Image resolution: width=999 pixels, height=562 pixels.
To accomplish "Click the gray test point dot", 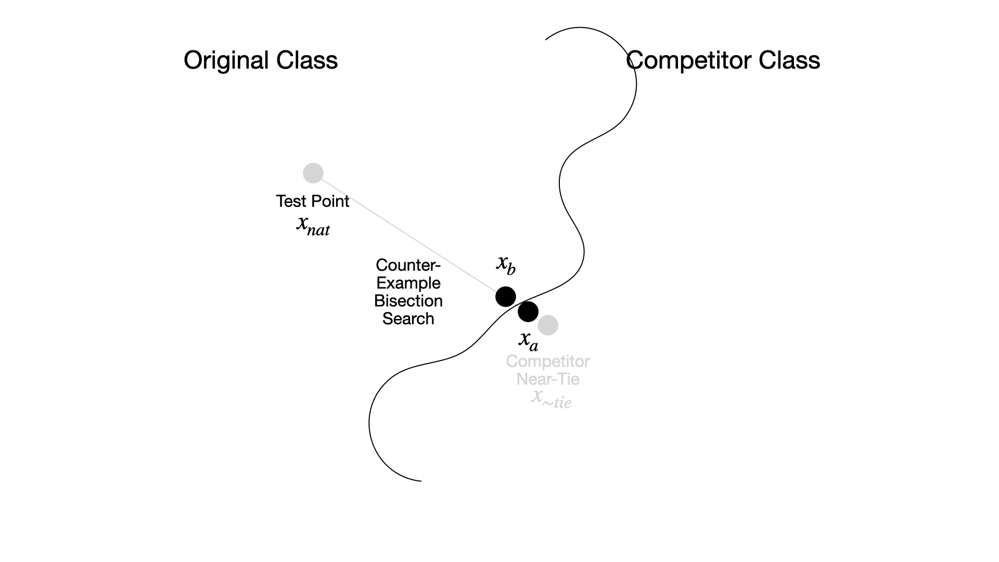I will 313,173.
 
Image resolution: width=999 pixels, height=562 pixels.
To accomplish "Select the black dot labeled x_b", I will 505,297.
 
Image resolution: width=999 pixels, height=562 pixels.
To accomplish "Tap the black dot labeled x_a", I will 528,311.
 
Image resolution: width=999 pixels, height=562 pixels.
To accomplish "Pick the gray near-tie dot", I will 548,325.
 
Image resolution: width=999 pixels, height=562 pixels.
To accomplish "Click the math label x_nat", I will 313,225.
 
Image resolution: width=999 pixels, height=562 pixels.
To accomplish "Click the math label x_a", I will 529,340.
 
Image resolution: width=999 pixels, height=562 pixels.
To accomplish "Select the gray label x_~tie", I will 551,399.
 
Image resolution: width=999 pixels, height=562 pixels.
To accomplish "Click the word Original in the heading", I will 226,60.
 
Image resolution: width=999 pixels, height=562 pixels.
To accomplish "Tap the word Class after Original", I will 307,60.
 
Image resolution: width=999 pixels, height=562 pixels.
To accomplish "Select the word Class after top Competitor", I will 789,60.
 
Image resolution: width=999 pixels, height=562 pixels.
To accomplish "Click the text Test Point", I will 312,201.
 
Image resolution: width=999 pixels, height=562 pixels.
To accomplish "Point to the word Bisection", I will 408,301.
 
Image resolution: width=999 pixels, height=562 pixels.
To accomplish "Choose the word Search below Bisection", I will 408,318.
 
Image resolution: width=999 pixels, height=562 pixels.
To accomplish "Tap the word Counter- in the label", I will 408,265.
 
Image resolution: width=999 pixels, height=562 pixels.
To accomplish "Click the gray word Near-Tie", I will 548,379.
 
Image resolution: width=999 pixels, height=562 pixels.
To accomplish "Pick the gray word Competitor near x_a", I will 548,361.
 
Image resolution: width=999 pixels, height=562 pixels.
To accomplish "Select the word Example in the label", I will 408,283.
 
